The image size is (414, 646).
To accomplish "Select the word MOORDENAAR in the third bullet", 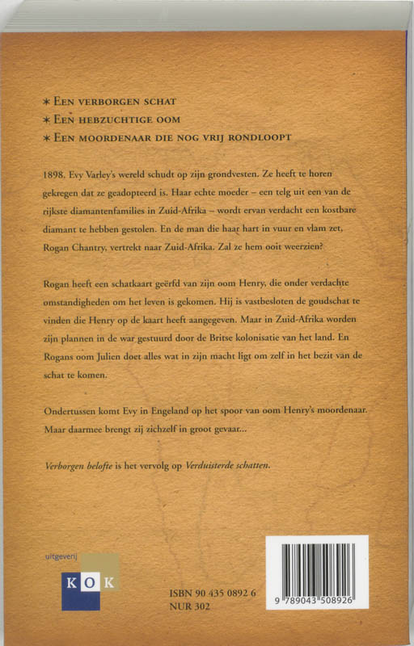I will pos(114,137).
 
